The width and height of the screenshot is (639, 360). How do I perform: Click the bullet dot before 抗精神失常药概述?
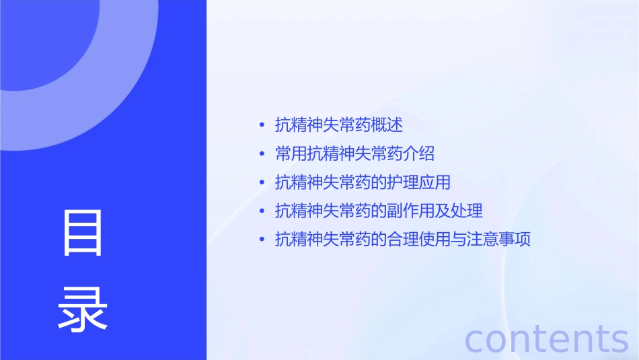262,125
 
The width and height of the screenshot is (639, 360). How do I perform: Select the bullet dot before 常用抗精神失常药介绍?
262,154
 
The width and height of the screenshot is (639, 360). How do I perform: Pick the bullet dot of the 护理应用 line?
262,183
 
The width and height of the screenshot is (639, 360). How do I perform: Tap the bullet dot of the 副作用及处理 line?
262,211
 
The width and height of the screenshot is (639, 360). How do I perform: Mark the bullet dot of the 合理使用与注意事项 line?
262,240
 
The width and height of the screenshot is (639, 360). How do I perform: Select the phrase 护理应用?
419,183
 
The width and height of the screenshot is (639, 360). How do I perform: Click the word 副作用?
411,211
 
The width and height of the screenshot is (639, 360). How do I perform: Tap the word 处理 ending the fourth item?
467,211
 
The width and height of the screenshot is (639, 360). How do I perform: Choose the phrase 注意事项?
499,240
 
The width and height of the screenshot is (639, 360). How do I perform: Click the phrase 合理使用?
419,240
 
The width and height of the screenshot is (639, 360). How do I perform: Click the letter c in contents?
476,340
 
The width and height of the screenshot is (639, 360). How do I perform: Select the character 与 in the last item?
459,240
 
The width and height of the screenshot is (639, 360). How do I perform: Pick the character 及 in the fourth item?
443,211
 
